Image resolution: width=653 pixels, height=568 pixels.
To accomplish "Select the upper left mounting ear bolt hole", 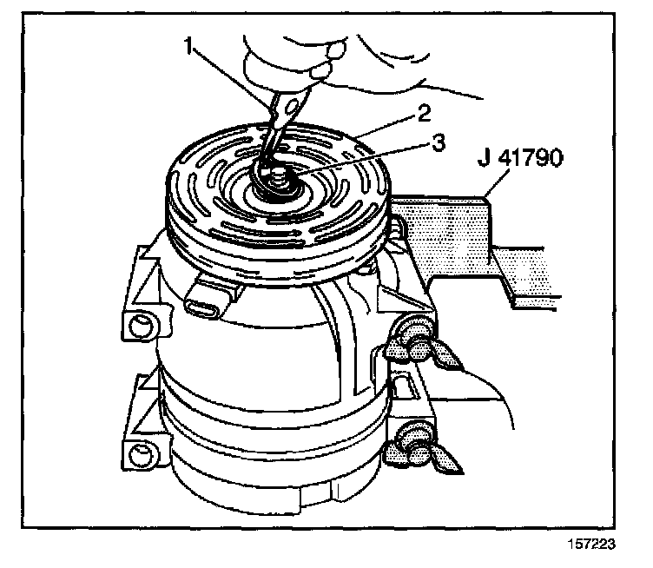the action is pyautogui.click(x=139, y=328).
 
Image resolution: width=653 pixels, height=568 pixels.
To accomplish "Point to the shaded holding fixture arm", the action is pyautogui.click(x=460, y=234).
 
